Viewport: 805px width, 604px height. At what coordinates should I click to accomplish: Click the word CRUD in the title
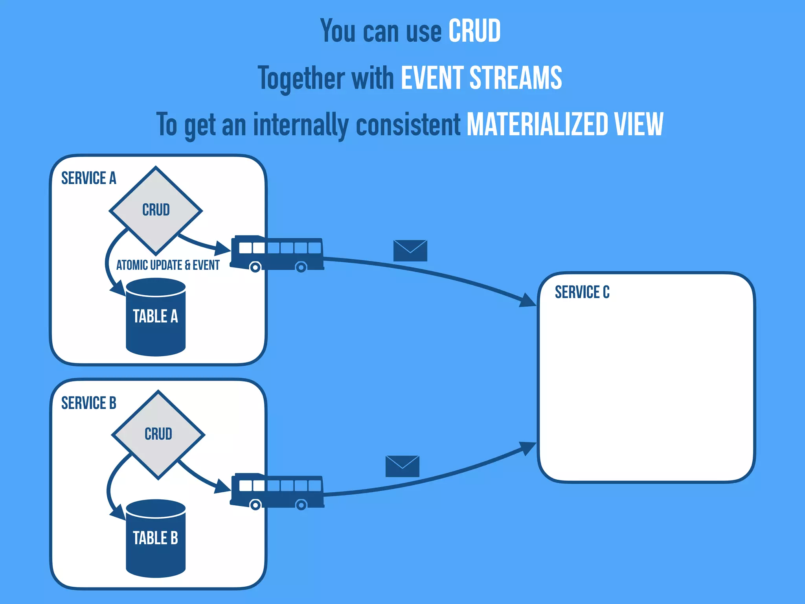[474, 31]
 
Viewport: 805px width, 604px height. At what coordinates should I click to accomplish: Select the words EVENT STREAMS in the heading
[481, 78]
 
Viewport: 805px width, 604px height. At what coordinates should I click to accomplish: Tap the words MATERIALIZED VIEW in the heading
[565, 125]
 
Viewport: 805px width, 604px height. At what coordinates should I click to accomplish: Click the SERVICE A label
[89, 178]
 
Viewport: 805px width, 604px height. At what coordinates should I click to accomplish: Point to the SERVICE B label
[89, 403]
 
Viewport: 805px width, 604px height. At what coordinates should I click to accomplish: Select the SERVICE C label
[582, 292]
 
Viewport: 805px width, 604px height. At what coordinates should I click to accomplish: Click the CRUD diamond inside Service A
[156, 210]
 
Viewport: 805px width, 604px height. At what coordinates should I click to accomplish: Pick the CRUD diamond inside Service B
[158, 434]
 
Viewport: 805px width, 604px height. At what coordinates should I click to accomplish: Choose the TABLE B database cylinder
[156, 538]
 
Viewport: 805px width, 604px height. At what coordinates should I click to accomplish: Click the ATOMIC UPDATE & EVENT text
[168, 265]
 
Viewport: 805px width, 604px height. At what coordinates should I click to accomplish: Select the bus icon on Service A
[277, 253]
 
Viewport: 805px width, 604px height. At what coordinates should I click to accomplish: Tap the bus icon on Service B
[277, 491]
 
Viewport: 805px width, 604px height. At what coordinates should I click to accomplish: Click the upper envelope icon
[410, 250]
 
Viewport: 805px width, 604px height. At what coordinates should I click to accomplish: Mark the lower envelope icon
[402, 466]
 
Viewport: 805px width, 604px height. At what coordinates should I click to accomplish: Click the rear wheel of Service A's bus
[301, 267]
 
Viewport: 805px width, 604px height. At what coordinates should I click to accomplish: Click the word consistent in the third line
[408, 125]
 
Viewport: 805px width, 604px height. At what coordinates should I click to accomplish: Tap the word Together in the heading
[301, 78]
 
